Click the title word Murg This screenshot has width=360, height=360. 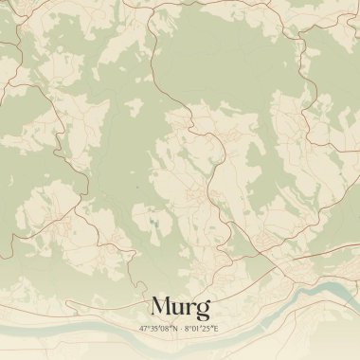(180, 307)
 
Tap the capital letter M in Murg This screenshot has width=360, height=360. (161, 307)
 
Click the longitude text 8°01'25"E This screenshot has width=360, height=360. (203, 328)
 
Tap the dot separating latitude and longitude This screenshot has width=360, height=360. (180, 328)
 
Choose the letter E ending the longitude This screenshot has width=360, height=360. (218, 328)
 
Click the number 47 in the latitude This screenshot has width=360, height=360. (143, 328)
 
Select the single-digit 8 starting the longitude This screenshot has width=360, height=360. (187, 328)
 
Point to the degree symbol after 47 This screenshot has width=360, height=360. (148, 326)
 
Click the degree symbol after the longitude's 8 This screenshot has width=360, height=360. (190, 326)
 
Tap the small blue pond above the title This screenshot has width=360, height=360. (153, 225)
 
